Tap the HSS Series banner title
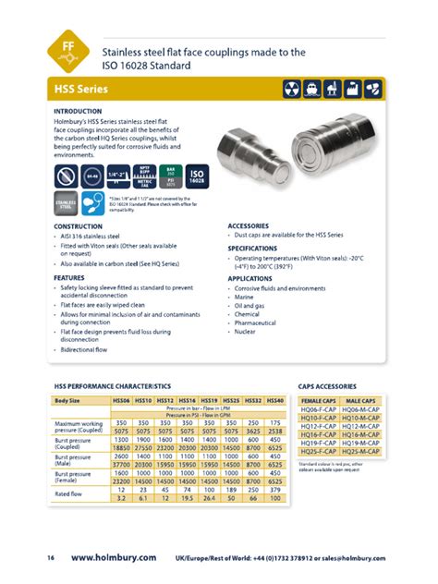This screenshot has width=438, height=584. click(81, 90)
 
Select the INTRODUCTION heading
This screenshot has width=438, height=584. click(82, 111)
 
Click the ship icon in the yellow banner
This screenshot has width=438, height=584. click(330, 90)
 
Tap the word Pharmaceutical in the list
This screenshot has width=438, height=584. click(257, 322)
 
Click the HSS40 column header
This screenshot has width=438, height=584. click(274, 400)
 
